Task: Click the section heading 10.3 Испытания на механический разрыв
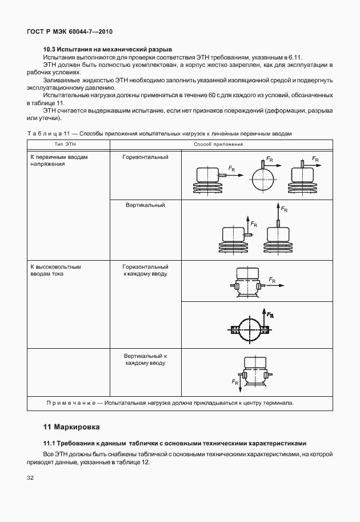coord(108,50)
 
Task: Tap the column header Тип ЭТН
coord(65,145)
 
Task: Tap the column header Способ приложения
coord(218,145)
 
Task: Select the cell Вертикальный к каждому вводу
coord(146,359)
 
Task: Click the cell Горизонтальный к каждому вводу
coord(146,270)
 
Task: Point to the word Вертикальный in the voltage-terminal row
coord(145,205)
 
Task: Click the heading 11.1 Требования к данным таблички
coord(175,443)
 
